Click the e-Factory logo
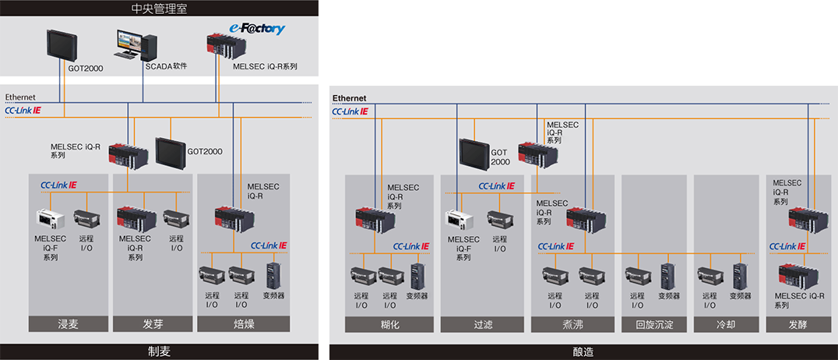coord(257,29)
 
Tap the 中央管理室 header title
coord(159,9)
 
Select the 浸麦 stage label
coord(68,324)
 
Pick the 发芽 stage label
coord(153,324)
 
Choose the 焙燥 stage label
coord(244,324)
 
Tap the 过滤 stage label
coord(484,324)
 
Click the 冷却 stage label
coord(725,324)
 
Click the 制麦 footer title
coord(159,351)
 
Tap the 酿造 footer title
coord(583,352)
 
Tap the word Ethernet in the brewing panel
coord(349,98)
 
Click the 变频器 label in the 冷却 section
coord(741,296)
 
